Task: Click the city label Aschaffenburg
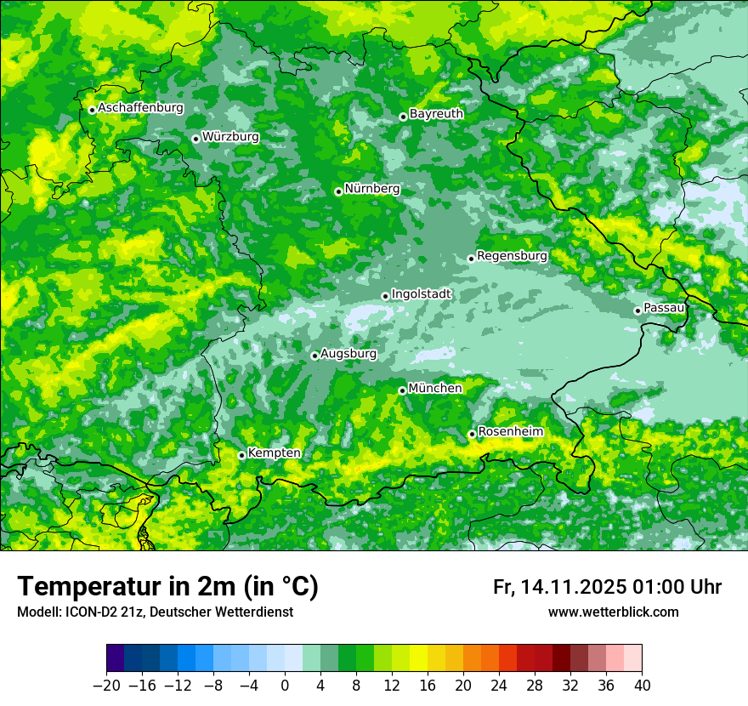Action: [140, 108]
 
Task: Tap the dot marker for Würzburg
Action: [195, 139]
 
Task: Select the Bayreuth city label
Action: [436, 113]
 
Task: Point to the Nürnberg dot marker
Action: [338, 191]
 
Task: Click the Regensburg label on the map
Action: [512, 255]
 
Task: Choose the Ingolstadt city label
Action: [422, 293]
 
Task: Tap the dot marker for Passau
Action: [637, 310]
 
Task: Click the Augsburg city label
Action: [348, 353]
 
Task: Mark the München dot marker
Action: [402, 390]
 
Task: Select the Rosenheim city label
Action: [510, 431]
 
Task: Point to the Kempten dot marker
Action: [241, 455]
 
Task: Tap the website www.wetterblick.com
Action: [613, 612]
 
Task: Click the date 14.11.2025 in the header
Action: [574, 587]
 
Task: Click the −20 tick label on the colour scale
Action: [106, 685]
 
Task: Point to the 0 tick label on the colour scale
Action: [285, 685]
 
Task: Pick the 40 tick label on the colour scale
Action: [642, 685]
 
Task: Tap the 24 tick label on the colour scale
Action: [499, 685]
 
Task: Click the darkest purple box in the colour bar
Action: [116, 658]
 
